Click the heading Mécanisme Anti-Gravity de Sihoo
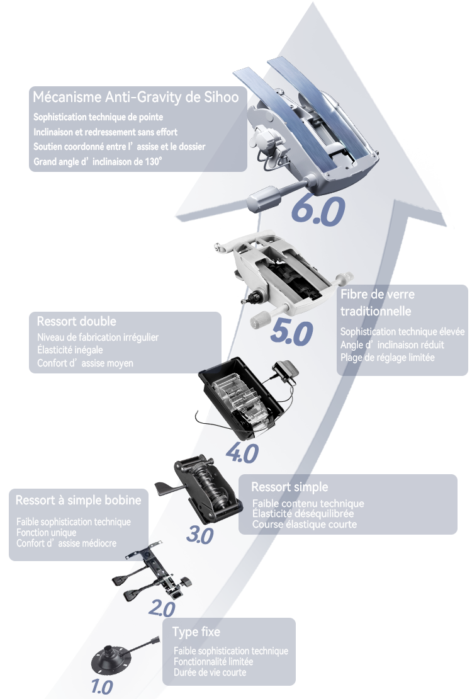tap(135, 98)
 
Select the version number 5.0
tap(291, 333)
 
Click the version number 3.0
tap(200, 535)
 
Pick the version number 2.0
tap(162, 608)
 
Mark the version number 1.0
tap(101, 686)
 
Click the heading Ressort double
tap(77, 321)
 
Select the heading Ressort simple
tap(289, 487)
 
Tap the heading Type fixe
tap(196, 632)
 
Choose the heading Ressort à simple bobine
tap(78, 501)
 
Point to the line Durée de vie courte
tap(210, 673)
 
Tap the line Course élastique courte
tap(305, 524)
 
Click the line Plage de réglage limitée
tap(387, 357)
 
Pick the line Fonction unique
tap(47, 532)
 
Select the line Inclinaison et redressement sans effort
tap(105, 132)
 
